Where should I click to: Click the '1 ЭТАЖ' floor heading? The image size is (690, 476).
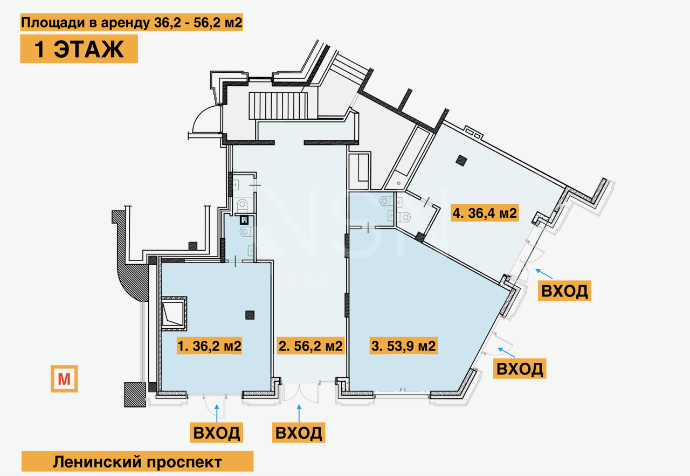(x=79, y=49)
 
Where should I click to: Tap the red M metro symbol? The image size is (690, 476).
(x=64, y=378)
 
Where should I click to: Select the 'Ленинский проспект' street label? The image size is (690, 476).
(x=137, y=462)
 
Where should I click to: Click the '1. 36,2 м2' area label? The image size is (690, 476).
(x=210, y=346)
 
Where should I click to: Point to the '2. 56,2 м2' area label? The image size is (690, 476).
(x=310, y=346)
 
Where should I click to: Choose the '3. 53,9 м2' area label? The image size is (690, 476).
(x=404, y=346)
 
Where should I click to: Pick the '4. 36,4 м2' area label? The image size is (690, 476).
(x=485, y=213)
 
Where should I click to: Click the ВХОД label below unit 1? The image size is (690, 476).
(x=217, y=432)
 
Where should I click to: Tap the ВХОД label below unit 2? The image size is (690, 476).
(x=299, y=432)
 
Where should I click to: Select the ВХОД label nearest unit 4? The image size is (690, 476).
(x=564, y=291)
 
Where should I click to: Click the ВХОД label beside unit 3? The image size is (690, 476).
(x=520, y=369)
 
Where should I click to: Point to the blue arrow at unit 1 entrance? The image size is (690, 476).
(x=217, y=413)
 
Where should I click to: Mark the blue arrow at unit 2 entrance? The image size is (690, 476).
(x=299, y=413)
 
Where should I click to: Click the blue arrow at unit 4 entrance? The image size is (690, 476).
(x=544, y=274)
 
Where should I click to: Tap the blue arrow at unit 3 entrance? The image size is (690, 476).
(x=506, y=352)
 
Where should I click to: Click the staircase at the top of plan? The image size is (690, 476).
(x=278, y=106)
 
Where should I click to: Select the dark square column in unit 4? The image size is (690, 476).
(x=462, y=161)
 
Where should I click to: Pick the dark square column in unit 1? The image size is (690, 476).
(x=250, y=315)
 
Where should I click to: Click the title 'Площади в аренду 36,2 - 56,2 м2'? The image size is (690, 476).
(x=132, y=22)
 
